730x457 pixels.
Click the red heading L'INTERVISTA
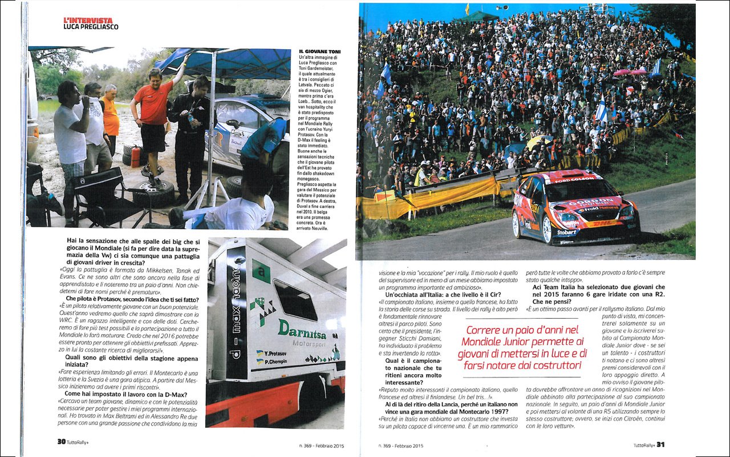pos(88,20)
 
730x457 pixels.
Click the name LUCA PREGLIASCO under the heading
pos(91,27)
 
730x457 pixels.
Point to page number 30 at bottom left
pos(61,442)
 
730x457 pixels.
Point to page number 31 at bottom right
pos(660,444)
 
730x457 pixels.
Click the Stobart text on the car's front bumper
pos(566,232)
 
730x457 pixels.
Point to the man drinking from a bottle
pos(71,137)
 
